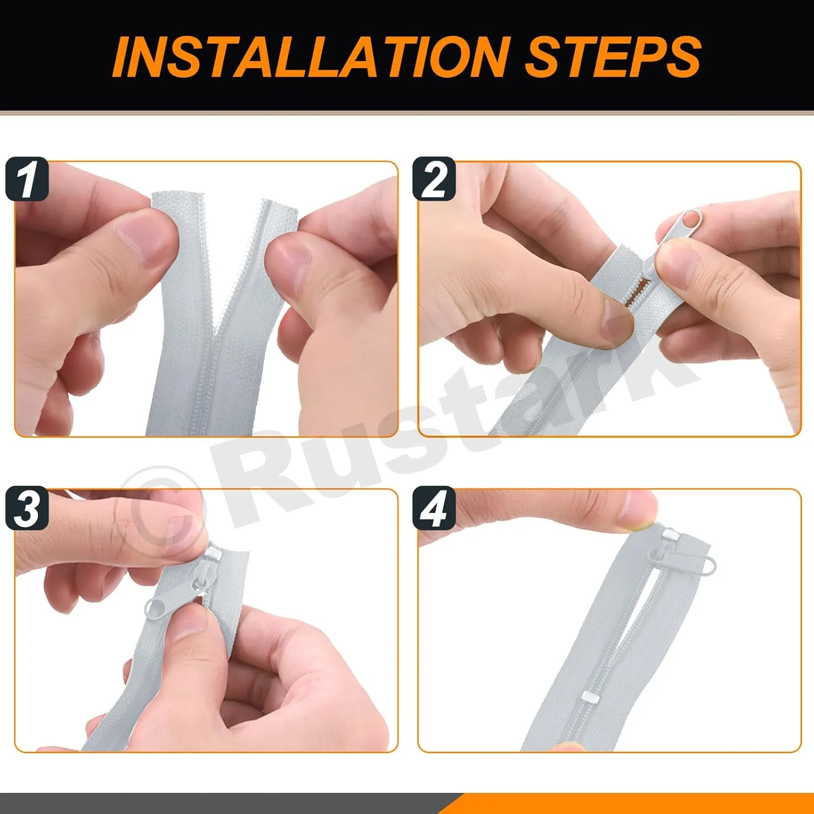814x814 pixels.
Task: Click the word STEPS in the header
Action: pos(614,56)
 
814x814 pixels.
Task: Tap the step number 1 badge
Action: pos(27,179)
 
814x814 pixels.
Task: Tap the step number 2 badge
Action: pos(434,179)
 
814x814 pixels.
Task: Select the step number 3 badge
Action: pos(27,508)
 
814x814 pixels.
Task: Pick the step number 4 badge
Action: pos(434,508)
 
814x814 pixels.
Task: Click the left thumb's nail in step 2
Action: pos(616,322)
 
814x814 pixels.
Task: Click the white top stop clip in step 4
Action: pos(669,535)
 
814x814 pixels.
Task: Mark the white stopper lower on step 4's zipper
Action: pos(589,696)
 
